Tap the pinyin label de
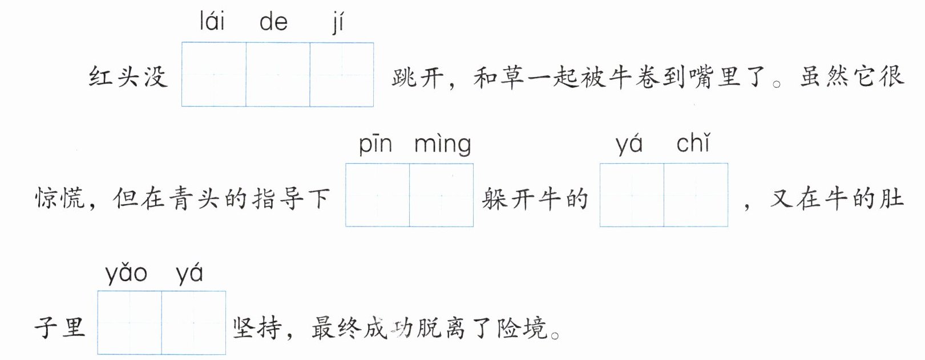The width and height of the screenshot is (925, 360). (x=273, y=23)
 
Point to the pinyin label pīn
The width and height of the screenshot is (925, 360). (x=375, y=144)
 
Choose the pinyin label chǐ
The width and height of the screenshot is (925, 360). (x=693, y=143)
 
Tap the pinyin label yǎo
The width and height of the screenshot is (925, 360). (x=126, y=274)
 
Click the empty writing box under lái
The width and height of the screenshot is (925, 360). (x=214, y=75)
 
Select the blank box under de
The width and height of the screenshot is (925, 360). (x=278, y=75)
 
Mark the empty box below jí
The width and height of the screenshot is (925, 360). (x=342, y=75)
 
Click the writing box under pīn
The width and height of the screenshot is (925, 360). (x=378, y=195)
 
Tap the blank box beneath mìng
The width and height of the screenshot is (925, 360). (x=442, y=195)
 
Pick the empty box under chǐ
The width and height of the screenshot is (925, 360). (x=696, y=195)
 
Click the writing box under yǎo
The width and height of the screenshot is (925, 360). (x=130, y=323)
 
